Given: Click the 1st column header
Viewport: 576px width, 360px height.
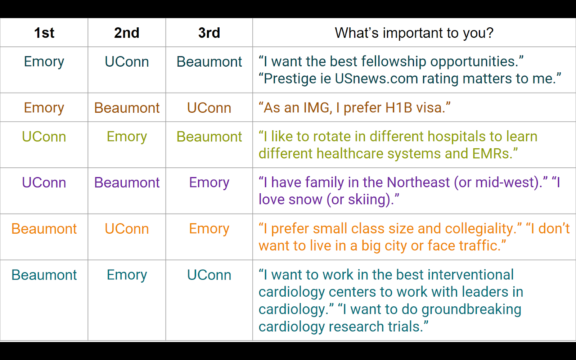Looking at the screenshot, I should (x=44, y=33).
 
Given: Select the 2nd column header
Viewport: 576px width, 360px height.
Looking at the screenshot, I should (x=127, y=33).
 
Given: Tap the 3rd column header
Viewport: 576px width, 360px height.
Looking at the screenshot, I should (x=209, y=33).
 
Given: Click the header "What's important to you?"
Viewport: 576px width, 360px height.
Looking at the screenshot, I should (x=414, y=33).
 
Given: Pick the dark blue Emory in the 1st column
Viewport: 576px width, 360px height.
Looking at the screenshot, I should (x=44, y=62).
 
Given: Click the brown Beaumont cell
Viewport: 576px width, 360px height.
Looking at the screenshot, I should (x=127, y=108).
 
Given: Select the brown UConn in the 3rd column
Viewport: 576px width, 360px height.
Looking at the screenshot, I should (x=209, y=108).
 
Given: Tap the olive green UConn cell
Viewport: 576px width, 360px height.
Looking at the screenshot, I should (x=44, y=137).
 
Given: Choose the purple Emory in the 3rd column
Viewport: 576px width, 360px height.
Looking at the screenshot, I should (x=209, y=183).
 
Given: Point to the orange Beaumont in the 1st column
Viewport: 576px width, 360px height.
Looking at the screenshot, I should (x=44, y=229).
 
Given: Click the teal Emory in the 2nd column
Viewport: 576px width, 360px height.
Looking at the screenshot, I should (x=127, y=275).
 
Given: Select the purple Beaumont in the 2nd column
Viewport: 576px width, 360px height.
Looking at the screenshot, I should (x=127, y=183).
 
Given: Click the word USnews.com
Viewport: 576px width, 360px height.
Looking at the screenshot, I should (x=377, y=79).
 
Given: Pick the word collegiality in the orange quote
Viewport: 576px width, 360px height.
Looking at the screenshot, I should (x=478, y=229).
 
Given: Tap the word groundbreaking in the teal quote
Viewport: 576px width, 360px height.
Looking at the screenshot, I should (x=471, y=310).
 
